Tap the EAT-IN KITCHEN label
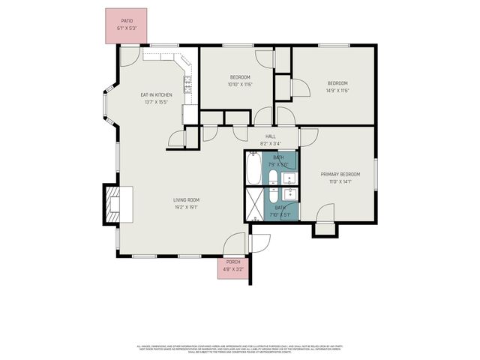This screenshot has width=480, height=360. [157, 95]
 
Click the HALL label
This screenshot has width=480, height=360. [271, 136]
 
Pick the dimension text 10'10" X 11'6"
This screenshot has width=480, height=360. [240, 84]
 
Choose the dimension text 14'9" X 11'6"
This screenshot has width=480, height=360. [337, 90]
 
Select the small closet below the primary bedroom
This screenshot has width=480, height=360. [324, 229]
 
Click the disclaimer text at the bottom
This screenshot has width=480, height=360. [240, 349]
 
